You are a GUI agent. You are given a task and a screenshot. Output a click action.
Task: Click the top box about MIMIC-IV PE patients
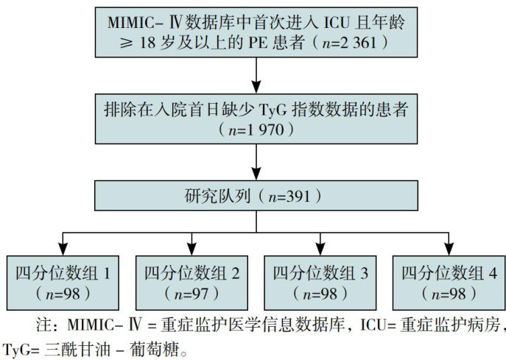click(x=254, y=32)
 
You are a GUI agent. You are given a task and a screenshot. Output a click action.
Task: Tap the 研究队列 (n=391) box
click(x=254, y=197)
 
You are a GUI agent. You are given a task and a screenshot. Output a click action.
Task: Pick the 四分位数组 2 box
click(x=191, y=282)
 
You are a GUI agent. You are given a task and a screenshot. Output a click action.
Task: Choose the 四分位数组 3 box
click(x=320, y=282)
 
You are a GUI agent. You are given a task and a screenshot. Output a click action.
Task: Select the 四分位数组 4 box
click(x=447, y=282)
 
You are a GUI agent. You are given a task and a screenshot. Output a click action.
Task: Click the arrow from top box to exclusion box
click(x=254, y=74)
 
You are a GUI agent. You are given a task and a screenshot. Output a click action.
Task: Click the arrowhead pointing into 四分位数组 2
click(x=191, y=247)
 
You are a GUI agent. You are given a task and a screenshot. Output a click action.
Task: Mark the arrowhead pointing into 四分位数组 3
click(x=320, y=247)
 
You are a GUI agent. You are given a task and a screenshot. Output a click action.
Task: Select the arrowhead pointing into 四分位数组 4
click(x=447, y=247)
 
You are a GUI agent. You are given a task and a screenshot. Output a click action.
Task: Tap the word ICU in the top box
click(x=340, y=21)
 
